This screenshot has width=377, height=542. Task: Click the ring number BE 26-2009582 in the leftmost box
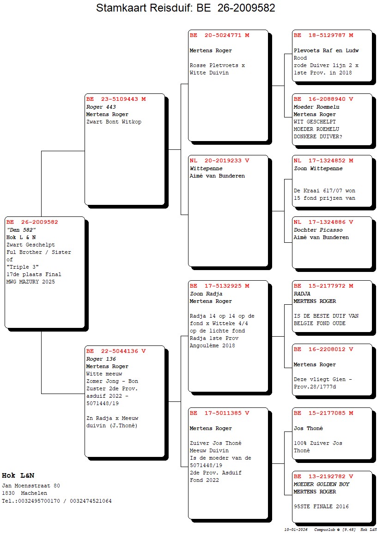click(32, 222)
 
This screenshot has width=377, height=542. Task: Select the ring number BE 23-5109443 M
click(116, 99)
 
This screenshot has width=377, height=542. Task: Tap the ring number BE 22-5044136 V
click(116, 351)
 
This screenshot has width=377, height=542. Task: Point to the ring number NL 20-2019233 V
click(219, 160)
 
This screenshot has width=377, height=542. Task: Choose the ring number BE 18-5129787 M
click(323, 35)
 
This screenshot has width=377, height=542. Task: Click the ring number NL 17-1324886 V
click(323, 222)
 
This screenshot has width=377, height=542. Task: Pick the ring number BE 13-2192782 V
click(323, 476)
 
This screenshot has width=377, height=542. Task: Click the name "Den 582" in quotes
click(21, 230)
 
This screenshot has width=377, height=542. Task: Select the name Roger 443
click(101, 107)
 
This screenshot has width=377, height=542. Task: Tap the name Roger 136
click(101, 359)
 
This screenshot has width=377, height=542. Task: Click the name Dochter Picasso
click(318, 230)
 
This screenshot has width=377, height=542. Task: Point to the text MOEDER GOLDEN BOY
click(322, 484)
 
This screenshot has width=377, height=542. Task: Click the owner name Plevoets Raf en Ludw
click(326, 50)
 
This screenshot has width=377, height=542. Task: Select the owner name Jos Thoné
click(308, 428)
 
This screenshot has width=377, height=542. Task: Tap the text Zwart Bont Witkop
click(114, 122)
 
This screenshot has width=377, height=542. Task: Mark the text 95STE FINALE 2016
click(322, 506)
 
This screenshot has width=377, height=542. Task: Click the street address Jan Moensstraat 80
click(31, 486)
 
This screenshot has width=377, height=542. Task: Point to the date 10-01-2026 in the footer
click(296, 530)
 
